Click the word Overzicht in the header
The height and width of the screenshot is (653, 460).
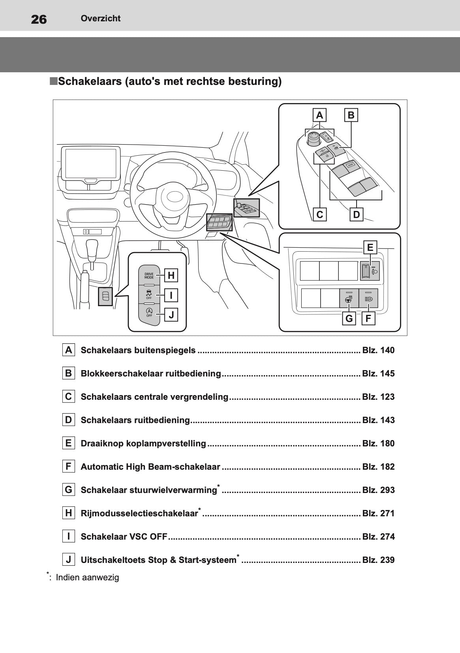coord(100,18)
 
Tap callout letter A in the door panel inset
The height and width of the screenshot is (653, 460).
coord(319,115)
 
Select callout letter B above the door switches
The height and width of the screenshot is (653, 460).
coord(351,115)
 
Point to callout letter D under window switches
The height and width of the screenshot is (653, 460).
coord(357,215)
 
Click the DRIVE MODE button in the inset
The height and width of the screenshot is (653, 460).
coord(149,275)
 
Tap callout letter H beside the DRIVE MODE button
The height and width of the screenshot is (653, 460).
coord(171,275)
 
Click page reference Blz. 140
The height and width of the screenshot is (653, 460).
coord(378,350)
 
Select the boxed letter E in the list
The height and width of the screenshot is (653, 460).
coord(69,443)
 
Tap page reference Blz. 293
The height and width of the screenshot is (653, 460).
coord(378,490)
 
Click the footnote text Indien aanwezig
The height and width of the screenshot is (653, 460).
coord(87,578)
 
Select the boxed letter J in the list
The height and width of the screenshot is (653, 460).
coord(69,560)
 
